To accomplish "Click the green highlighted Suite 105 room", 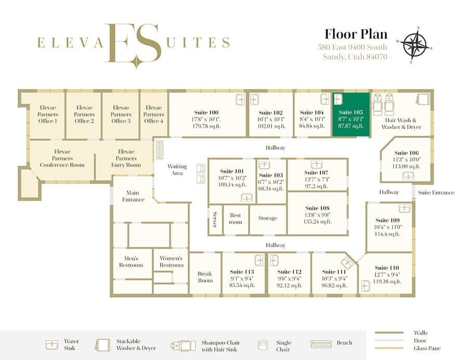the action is pos(351,115).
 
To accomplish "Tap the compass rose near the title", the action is pos(414,44).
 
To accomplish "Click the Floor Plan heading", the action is pos(356,34).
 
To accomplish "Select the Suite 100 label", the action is pos(206,112).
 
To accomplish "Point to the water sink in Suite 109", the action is pos(405,209).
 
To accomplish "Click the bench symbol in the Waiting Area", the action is pos(160,150).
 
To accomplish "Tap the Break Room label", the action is pos(205,277).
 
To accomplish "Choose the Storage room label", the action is pos(268,218).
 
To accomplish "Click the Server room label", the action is pos(215,220).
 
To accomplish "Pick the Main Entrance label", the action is pos(133,196).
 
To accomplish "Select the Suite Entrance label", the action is pos(436,192).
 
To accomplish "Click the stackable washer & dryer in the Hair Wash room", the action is pos(423,99).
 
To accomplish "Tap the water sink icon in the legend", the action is pos(52,345).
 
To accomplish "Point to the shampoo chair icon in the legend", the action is pos(183,345).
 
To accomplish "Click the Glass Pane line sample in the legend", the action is pos(389,348).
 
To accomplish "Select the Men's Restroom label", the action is pos(131,262).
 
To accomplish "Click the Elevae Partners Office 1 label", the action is pos(48,114).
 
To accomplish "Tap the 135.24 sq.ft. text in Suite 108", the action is pos(318,222).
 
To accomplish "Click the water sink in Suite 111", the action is pos(347,263).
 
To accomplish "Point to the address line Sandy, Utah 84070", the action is pos(355,57).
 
